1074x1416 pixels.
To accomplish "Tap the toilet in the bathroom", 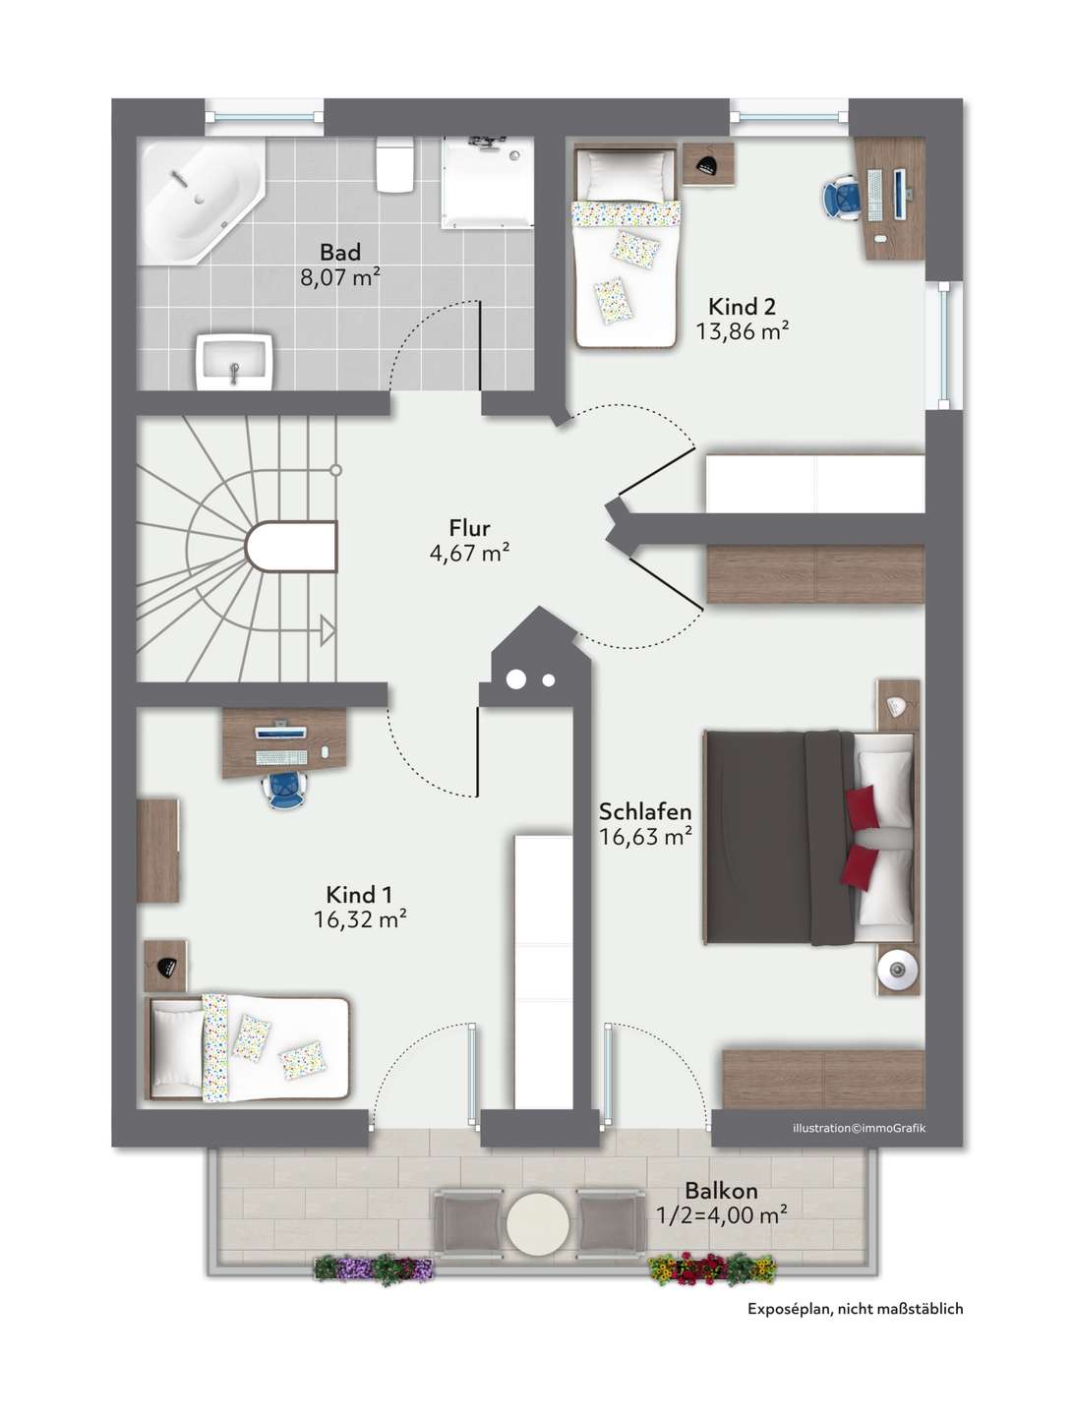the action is point(394,164).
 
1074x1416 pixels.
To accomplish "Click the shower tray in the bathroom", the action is point(488,181).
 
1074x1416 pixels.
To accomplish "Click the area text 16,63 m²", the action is point(645,836).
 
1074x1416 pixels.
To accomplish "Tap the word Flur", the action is point(469,528).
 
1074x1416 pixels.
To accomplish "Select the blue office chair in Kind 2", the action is point(841,196).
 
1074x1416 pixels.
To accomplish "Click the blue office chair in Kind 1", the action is point(284,789).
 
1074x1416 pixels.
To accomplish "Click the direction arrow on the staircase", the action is point(328,630).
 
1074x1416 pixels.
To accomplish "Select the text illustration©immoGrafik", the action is point(859,1128).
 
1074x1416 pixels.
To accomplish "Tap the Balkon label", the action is point(721,1190).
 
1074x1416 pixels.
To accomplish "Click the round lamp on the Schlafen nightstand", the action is point(897,969).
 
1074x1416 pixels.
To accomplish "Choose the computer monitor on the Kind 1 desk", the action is point(280,732).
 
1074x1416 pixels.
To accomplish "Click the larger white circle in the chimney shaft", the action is point(516,679).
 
